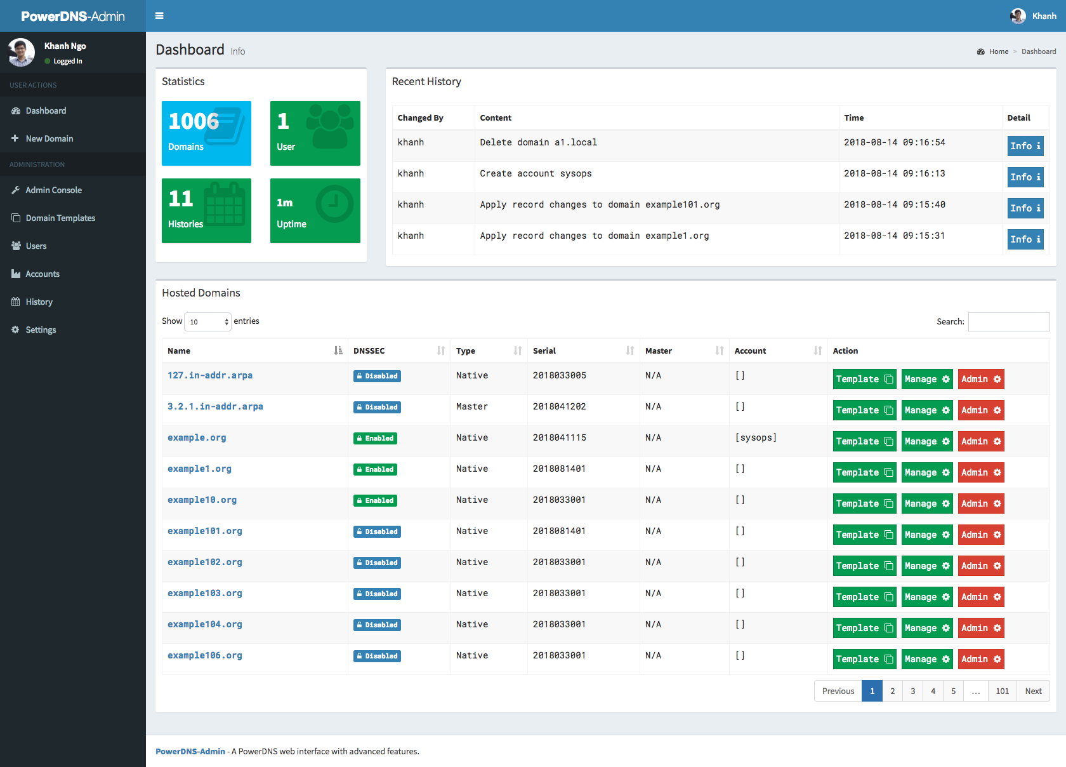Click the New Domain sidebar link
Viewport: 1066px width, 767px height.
tap(49, 138)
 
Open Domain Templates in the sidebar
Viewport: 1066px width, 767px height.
tap(60, 218)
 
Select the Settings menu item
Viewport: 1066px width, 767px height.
tap(41, 330)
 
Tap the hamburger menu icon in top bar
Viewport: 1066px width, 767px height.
tap(159, 16)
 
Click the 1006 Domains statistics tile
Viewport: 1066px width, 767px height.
tap(206, 133)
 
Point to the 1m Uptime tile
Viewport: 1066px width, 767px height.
tap(315, 211)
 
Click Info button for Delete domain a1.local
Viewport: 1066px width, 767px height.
tap(1025, 146)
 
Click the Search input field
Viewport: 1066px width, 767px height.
tap(1008, 321)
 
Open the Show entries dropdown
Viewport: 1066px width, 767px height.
tap(207, 321)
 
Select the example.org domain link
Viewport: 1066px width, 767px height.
tap(197, 437)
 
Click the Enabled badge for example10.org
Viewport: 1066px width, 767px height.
tap(375, 500)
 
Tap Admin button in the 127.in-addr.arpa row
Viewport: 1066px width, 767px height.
tap(980, 379)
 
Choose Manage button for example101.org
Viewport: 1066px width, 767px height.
tap(926, 535)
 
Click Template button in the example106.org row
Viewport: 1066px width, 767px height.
tap(864, 659)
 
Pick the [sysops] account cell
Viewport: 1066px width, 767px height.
tap(755, 437)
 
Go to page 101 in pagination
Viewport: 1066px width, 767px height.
tap(1002, 691)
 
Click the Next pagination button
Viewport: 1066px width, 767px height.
tap(1033, 691)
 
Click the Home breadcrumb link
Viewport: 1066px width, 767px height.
tap(998, 51)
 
